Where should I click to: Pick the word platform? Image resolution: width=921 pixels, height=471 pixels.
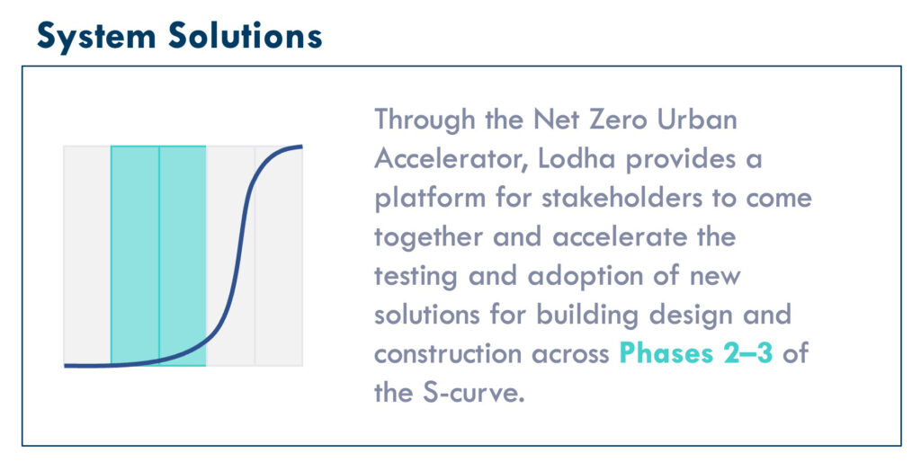click(428, 199)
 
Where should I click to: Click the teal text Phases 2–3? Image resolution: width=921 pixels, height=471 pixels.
click(696, 354)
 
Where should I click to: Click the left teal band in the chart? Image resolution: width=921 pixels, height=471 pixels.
click(135, 255)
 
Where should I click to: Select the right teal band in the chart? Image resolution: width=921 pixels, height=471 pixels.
click(183, 255)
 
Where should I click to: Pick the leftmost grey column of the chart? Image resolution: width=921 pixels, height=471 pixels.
click(87, 255)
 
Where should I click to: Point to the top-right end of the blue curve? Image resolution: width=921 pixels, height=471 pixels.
click(300, 146)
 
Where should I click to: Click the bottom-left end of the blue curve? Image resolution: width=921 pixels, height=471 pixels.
click(67, 366)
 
